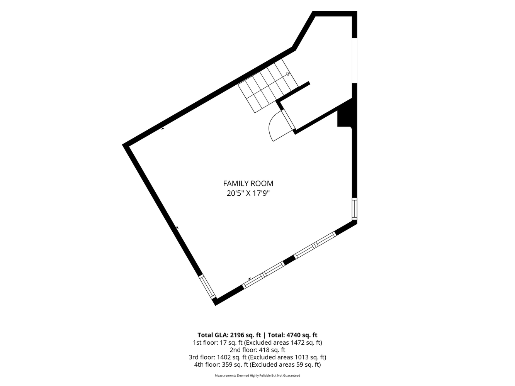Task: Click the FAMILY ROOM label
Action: point(248,183)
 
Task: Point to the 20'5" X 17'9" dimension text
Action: point(248,193)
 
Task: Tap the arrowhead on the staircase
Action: point(288,74)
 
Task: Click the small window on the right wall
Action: point(355,209)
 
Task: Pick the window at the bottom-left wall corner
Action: point(207,287)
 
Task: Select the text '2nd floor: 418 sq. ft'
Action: point(257,350)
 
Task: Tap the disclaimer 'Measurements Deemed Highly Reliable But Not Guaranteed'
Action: point(257,376)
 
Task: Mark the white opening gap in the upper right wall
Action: point(355,61)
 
